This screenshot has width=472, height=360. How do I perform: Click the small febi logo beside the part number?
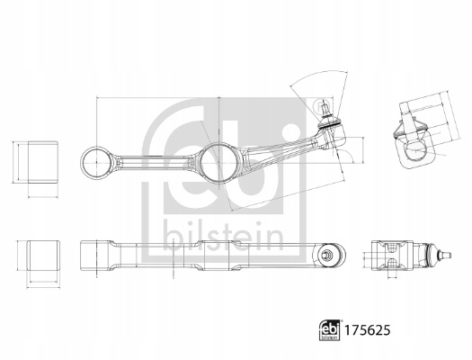pyautogui.click(x=329, y=330)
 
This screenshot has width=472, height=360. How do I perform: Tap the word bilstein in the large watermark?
pyautogui.click(x=223, y=237)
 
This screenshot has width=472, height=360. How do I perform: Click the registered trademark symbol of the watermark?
pyautogui.click(x=320, y=106)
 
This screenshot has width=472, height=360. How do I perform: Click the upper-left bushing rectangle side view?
pyautogui.click(x=43, y=162)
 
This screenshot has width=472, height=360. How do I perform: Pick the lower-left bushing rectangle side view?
pyautogui.click(x=43, y=256)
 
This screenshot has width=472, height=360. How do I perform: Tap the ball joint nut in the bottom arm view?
pyautogui.click(x=326, y=255)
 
